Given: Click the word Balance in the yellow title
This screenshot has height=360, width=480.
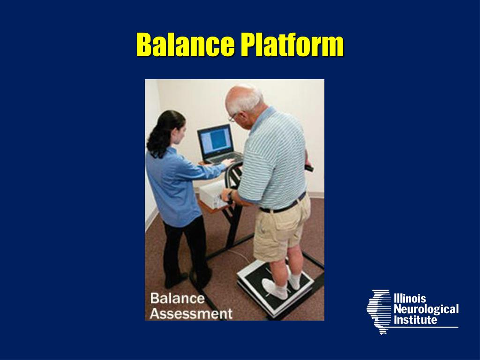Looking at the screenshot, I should point(186,45).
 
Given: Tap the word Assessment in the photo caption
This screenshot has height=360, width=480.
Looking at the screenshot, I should point(191,313).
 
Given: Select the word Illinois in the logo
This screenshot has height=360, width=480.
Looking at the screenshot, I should point(410,299).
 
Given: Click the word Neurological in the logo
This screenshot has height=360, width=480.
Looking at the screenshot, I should point(426,309).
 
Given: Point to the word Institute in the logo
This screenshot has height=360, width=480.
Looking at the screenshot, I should point(415,320).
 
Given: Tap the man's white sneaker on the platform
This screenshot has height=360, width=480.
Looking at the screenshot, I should point(274,288).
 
